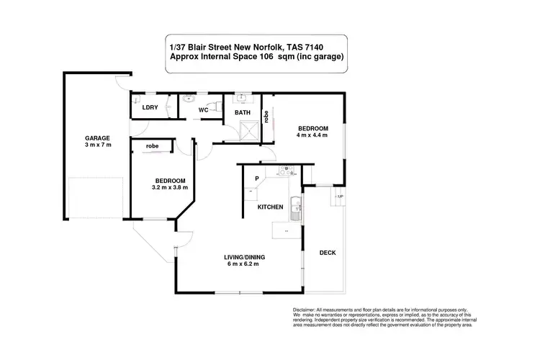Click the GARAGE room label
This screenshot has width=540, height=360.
click(x=97, y=138)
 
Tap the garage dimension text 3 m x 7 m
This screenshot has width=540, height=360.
click(x=97, y=145)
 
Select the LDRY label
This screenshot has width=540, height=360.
click(x=150, y=107)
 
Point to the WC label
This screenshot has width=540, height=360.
click(x=204, y=110)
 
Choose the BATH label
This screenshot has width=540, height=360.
click(x=242, y=112)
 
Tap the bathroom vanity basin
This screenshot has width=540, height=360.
click(x=240, y=98)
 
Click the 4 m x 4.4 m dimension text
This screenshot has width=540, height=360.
click(x=312, y=135)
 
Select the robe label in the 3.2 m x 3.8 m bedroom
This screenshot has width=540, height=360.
click(x=152, y=146)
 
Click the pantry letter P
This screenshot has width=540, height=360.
click(x=256, y=178)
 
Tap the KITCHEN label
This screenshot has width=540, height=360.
click(x=270, y=207)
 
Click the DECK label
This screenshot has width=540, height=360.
click(x=328, y=253)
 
